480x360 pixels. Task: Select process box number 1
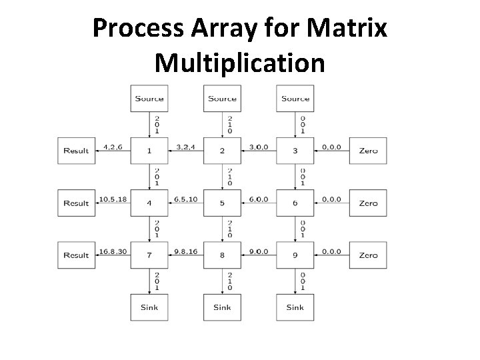click(149, 151)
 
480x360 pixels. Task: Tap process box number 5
click(222, 203)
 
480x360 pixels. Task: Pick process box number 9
click(295, 255)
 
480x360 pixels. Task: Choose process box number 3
click(295, 151)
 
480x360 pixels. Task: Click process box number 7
click(149, 255)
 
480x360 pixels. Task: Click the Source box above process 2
click(222, 99)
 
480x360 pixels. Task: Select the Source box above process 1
click(149, 99)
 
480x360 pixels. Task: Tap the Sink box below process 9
click(295, 307)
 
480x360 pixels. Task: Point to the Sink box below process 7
click(149, 307)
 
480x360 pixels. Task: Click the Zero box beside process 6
click(368, 203)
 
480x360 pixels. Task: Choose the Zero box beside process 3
click(368, 151)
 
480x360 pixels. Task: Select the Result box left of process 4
click(76, 203)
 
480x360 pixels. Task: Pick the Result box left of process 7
click(76, 255)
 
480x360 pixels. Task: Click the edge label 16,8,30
click(112, 251)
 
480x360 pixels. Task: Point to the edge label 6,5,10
click(185, 199)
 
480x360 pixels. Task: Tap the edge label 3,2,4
click(185, 147)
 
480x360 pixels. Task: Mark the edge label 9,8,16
click(185, 251)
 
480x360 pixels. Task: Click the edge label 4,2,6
click(112, 147)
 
